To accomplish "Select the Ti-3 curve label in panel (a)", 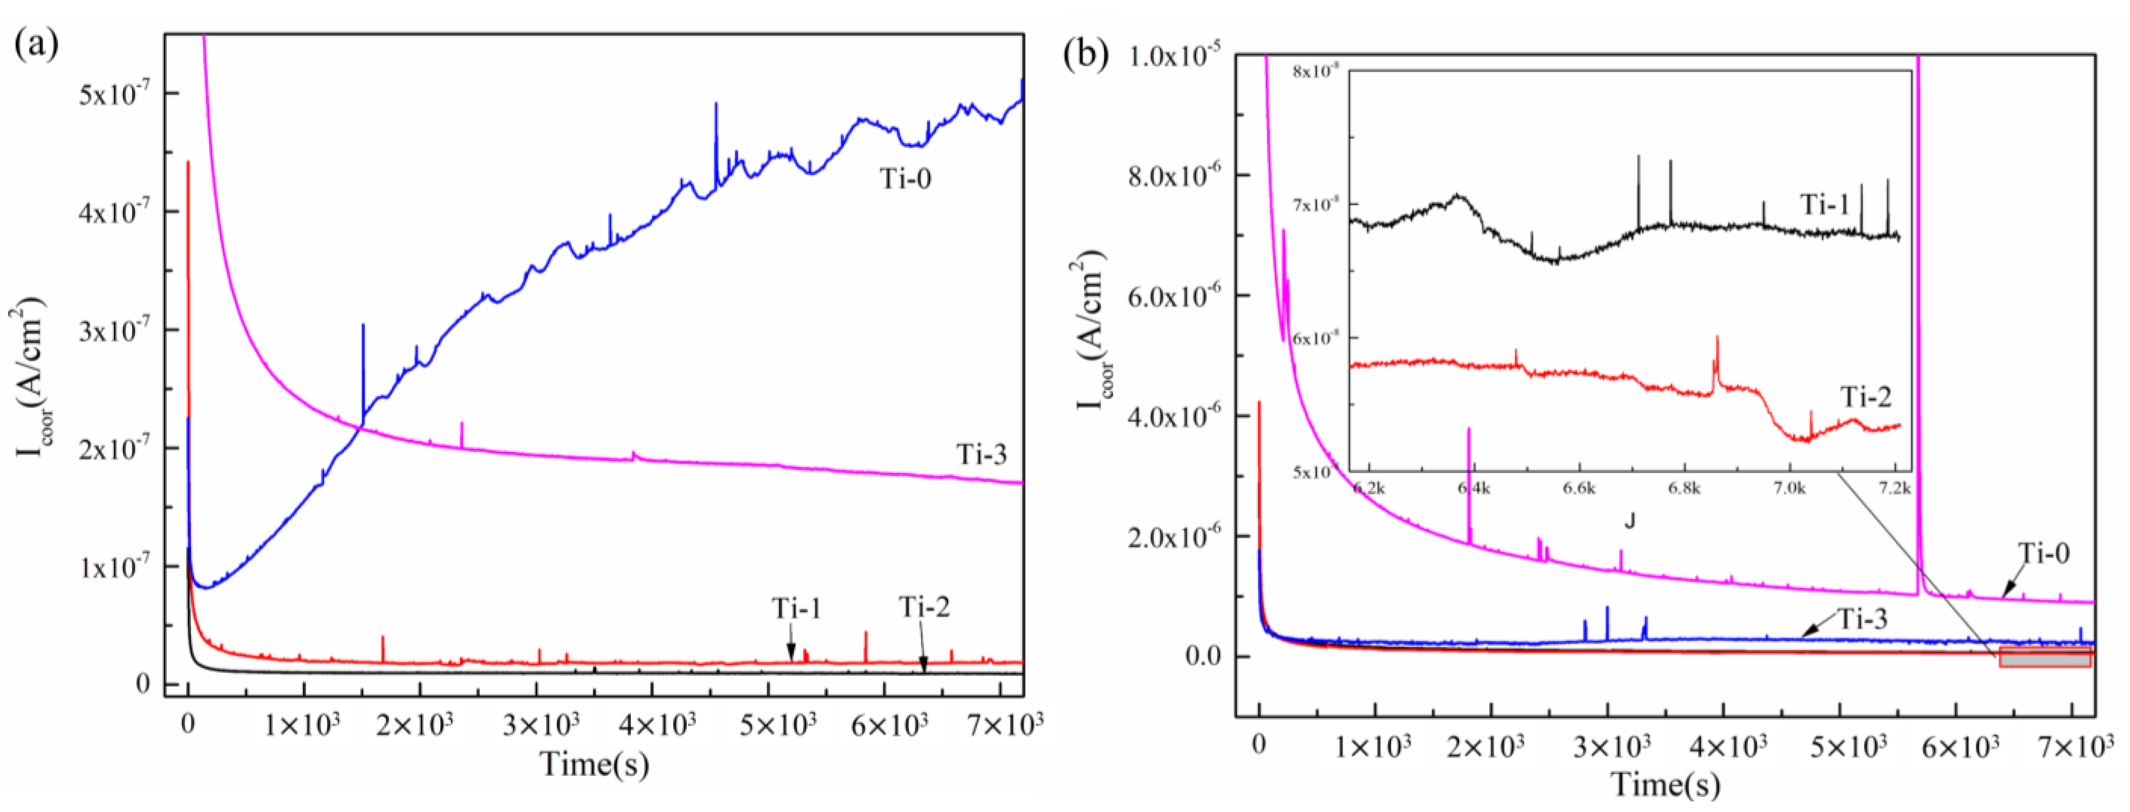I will [x=981, y=454].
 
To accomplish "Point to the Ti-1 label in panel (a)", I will [x=796, y=608].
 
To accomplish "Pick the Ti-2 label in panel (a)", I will [x=924, y=607].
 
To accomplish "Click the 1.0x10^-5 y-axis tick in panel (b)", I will [x=1175, y=56].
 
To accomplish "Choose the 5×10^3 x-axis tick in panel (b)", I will [x=1846, y=747].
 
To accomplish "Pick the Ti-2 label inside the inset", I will [x=1866, y=398].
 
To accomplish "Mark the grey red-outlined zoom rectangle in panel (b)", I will [x=2044, y=657].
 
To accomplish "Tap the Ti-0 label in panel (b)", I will [x=2043, y=553].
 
